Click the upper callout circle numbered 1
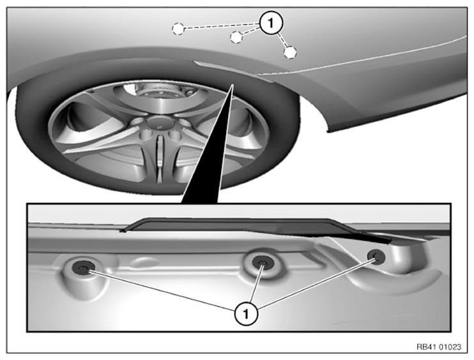pyautogui.click(x=271, y=23)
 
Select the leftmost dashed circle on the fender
pyautogui.click(x=178, y=29)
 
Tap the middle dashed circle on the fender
pyautogui.click(x=236, y=37)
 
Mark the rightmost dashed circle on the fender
pyautogui.click(x=290, y=52)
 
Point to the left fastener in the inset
pyautogui.click(x=83, y=268)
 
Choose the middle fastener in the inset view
pyautogui.click(x=262, y=262)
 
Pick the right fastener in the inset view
pyautogui.click(x=376, y=257)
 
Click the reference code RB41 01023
pyautogui.click(x=439, y=347)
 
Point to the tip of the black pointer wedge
pyautogui.click(x=233, y=85)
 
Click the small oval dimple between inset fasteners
pyautogui.click(x=145, y=262)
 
